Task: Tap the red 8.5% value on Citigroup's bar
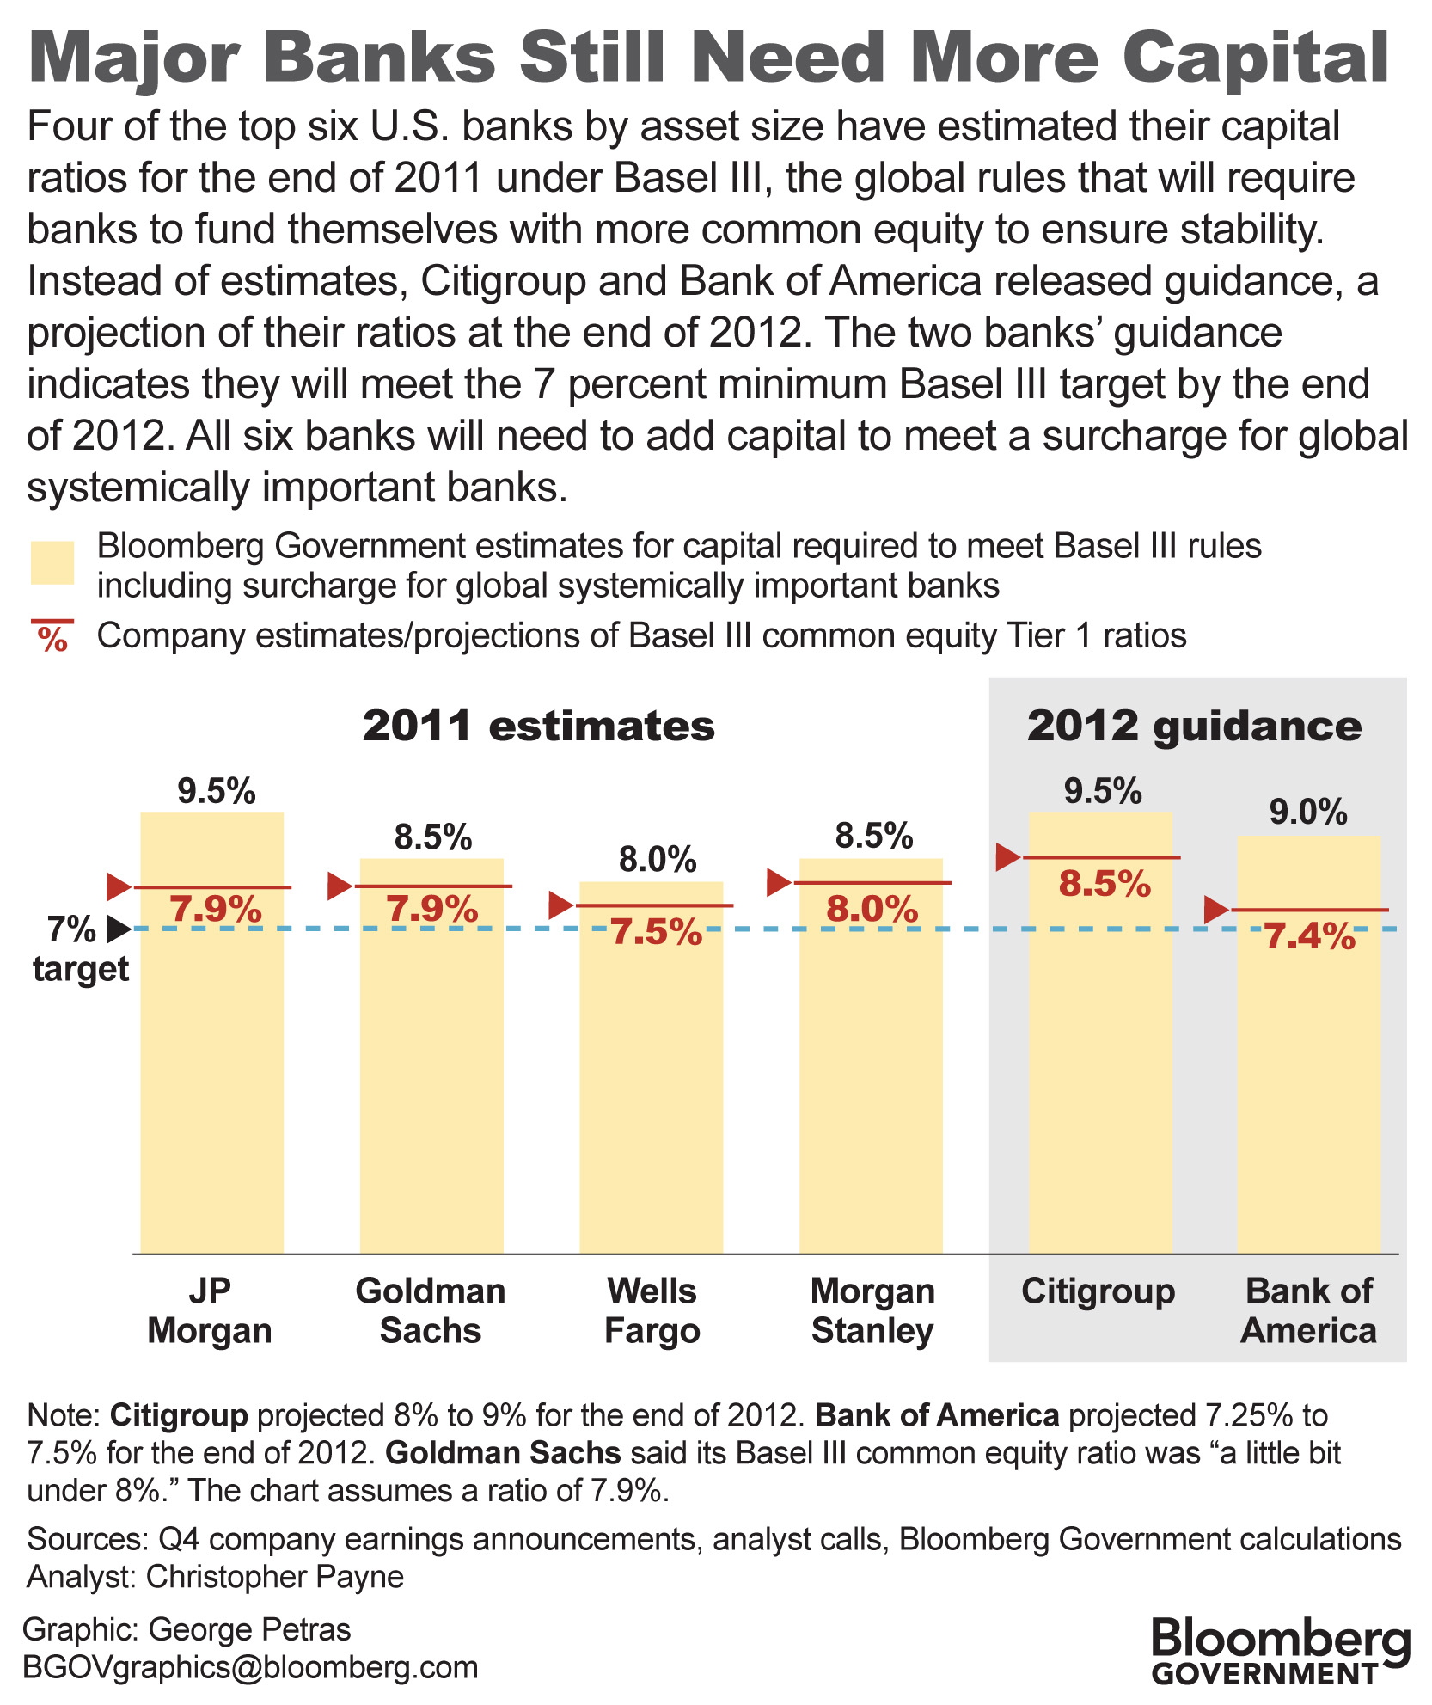(1105, 884)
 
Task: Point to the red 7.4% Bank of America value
(1309, 936)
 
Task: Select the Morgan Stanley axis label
(872, 1310)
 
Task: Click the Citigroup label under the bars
(1098, 1291)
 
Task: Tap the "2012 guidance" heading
(1194, 727)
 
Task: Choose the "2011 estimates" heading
(539, 727)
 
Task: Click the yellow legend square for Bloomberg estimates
(52, 563)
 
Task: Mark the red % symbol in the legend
(52, 637)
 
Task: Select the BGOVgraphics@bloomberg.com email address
(250, 1667)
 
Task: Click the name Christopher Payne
(275, 1577)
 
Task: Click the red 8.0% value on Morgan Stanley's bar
(872, 910)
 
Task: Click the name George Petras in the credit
(249, 1629)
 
